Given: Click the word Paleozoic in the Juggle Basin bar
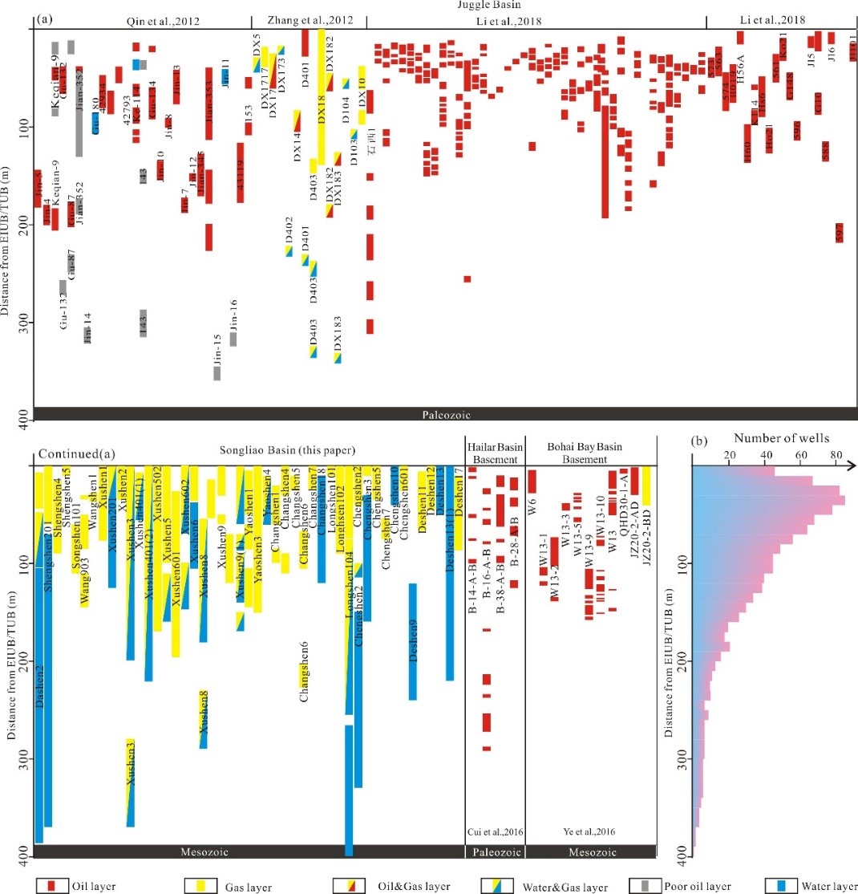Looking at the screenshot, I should coord(446,415).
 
